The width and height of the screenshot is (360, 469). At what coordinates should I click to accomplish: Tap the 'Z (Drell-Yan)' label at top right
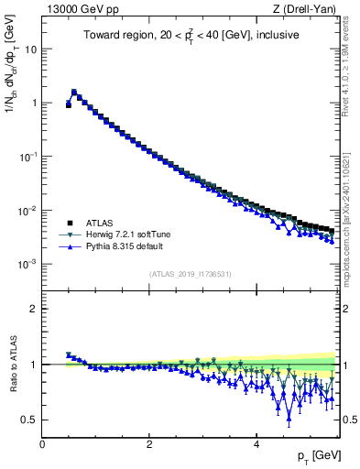306,9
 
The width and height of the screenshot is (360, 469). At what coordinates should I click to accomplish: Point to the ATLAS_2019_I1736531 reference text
189,274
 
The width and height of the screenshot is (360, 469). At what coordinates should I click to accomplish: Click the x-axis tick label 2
149,444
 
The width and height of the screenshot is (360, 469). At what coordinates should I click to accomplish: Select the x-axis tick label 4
256,444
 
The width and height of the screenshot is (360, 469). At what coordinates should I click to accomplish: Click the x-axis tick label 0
42,444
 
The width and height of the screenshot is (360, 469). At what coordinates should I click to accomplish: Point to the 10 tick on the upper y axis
31,49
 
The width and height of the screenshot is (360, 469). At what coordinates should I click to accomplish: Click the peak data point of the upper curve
74,92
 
